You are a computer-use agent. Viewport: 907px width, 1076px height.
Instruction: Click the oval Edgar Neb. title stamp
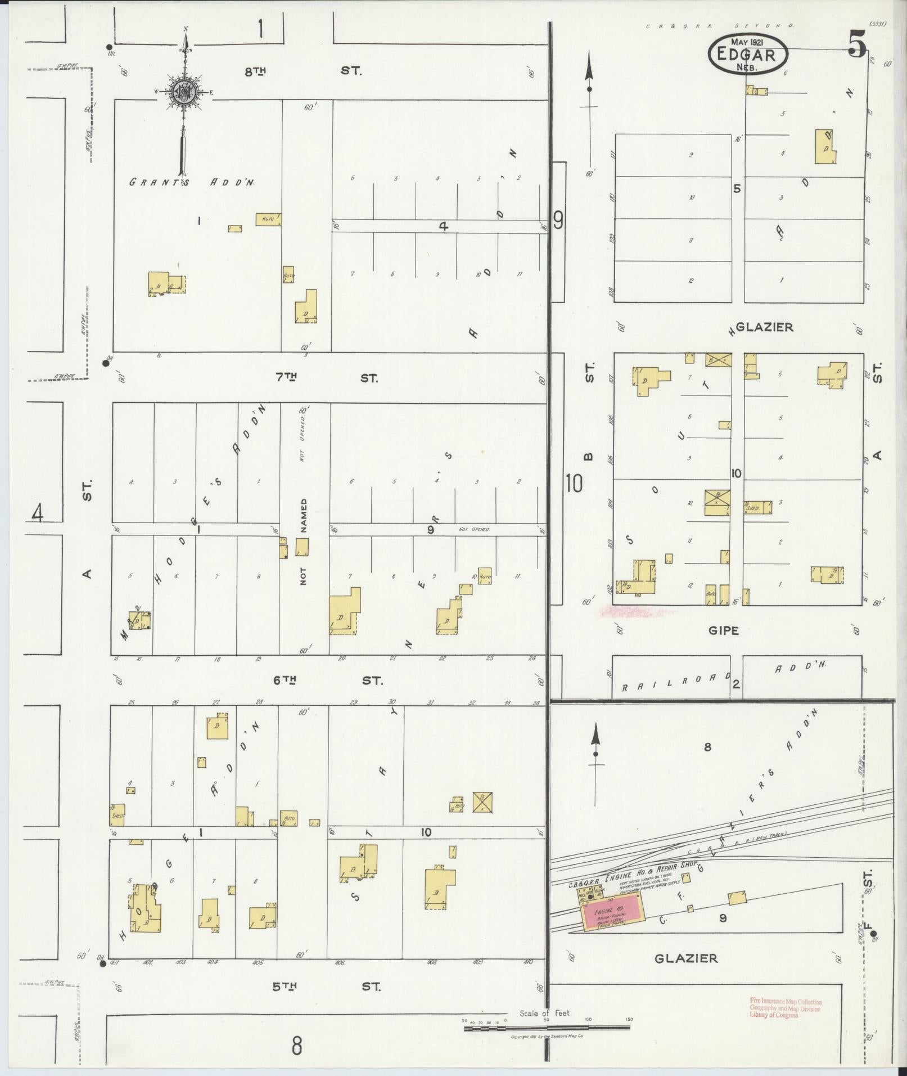pyautogui.click(x=748, y=55)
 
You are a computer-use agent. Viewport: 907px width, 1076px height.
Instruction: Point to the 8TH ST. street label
pyautogui.click(x=303, y=71)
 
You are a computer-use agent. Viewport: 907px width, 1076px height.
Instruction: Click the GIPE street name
pyautogui.click(x=723, y=631)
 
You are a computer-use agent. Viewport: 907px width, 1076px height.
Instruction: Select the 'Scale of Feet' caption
pyautogui.click(x=545, y=1013)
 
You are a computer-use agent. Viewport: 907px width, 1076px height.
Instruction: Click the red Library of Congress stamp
pyautogui.click(x=785, y=1008)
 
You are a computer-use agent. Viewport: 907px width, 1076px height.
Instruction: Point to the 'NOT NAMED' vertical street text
pyautogui.click(x=304, y=541)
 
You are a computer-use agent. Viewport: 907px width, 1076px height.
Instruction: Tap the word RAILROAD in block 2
pyautogui.click(x=675, y=682)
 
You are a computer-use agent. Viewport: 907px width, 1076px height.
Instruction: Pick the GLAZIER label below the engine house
pyautogui.click(x=686, y=958)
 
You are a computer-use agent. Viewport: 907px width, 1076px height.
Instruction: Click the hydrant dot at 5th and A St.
pyautogui.click(x=103, y=964)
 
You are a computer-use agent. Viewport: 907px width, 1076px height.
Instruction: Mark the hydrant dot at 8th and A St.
pyautogui.click(x=110, y=47)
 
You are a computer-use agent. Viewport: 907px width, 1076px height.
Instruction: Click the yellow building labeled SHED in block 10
pyautogui.click(x=757, y=507)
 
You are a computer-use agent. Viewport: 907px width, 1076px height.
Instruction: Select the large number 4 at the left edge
pyautogui.click(x=38, y=513)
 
